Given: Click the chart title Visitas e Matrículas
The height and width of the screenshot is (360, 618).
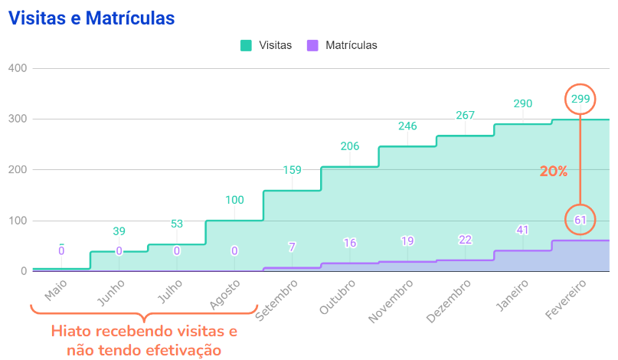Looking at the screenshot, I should tap(91, 18).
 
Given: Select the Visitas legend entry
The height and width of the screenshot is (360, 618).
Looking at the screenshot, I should tap(266, 45).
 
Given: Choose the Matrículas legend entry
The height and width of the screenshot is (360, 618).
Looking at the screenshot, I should tap(342, 45).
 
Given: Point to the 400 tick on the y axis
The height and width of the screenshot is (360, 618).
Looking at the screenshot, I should tap(18, 68).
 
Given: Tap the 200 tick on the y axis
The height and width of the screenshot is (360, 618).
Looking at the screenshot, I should tap(18, 170).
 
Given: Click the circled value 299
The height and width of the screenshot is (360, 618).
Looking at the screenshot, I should tap(580, 99).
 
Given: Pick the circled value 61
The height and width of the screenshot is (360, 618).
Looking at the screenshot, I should tap(580, 221).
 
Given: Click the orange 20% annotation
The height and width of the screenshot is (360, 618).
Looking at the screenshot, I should tap(553, 172).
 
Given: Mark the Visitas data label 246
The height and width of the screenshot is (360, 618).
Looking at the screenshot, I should tap(407, 126).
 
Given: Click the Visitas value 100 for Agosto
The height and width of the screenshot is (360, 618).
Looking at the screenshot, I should tap(234, 200).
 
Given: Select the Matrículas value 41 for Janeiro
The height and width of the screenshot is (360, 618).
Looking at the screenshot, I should tap(523, 229).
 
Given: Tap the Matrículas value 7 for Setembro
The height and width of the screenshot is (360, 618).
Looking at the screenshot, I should tap(292, 247).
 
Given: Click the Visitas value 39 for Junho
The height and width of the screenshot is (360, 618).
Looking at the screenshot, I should tap(119, 231).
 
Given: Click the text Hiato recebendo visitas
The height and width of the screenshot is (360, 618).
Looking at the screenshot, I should tap(144, 332).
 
